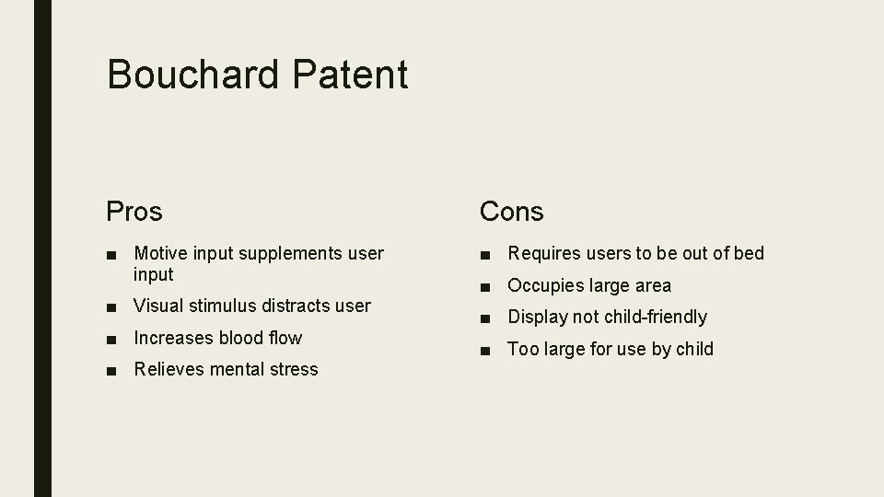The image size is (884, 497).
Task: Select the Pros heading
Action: [134, 212]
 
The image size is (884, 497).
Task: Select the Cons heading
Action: [512, 212]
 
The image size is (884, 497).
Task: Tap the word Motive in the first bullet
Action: [160, 253]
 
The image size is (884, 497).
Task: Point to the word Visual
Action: [159, 306]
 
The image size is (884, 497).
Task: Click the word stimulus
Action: [224, 306]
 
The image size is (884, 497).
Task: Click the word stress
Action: [294, 369]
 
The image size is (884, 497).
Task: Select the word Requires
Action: [541, 253]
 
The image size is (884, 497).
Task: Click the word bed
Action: [749, 253]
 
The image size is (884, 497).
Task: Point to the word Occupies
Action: [545, 285]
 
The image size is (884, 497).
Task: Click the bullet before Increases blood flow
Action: [111, 339]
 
